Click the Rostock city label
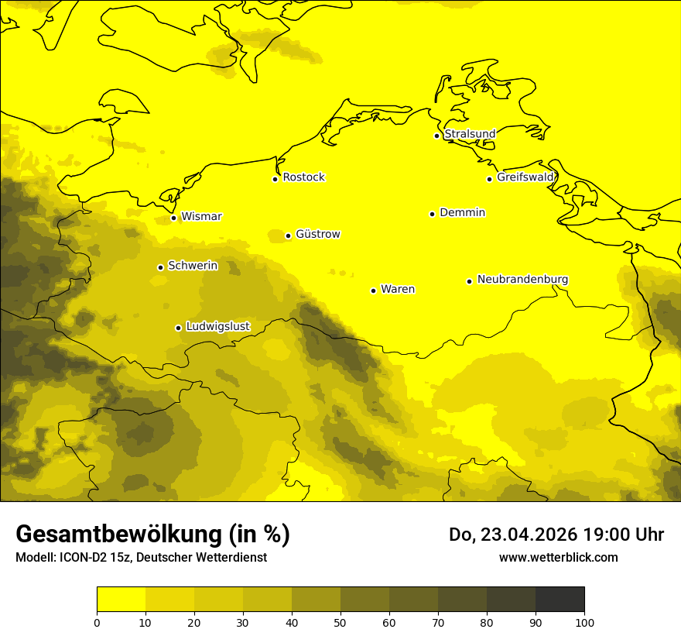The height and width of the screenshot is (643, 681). click(303, 177)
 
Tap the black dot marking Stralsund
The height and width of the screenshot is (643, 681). click(436, 136)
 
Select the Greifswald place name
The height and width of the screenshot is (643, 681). click(525, 177)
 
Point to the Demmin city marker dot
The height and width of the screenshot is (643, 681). click(432, 214)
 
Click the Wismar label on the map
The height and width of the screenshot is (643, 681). click(201, 217)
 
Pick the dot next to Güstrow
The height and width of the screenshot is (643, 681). click(288, 236)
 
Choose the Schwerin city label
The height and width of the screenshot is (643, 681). click(193, 266)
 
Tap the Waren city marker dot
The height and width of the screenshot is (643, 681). click(373, 291)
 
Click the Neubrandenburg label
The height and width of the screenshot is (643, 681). click(522, 280)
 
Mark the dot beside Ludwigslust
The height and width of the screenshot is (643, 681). click(178, 328)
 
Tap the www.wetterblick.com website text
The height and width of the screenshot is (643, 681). click(558, 558)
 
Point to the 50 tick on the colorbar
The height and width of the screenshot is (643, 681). click(340, 621)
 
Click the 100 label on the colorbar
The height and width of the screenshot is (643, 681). click(584, 621)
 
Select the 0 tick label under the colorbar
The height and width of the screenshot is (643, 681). click(97, 621)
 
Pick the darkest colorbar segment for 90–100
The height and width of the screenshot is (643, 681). click(560, 599)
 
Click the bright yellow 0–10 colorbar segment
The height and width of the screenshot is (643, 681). click(121, 599)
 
